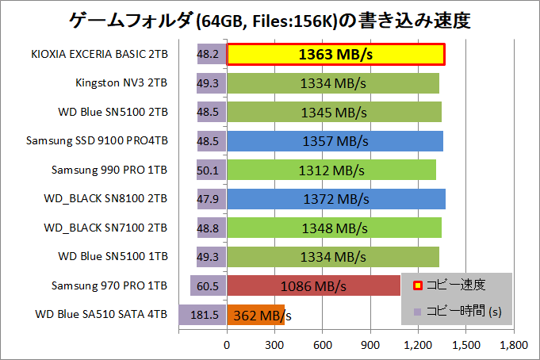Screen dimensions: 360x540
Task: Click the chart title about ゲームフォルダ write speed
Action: (x=270, y=19)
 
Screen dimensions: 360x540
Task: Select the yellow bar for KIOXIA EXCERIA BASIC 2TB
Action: (x=335, y=55)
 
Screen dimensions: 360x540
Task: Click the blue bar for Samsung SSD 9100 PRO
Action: (x=335, y=142)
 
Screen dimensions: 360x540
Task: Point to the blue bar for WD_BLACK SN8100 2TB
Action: (x=336, y=199)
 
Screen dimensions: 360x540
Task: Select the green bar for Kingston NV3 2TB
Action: (x=333, y=84)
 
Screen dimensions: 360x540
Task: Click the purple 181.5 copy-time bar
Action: (x=204, y=315)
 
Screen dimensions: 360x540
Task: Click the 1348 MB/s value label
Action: (x=334, y=228)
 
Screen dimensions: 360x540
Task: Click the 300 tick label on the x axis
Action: (x=275, y=345)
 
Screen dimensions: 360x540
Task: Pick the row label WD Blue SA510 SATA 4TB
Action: (x=101, y=315)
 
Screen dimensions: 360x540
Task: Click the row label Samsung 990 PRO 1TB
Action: (x=109, y=170)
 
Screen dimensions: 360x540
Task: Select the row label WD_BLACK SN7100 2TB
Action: (x=105, y=228)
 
